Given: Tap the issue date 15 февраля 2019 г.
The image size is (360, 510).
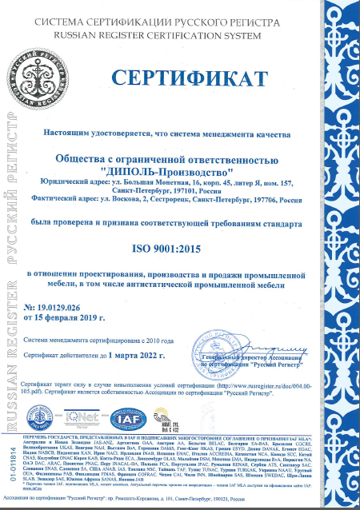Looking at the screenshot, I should pos(96,317).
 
